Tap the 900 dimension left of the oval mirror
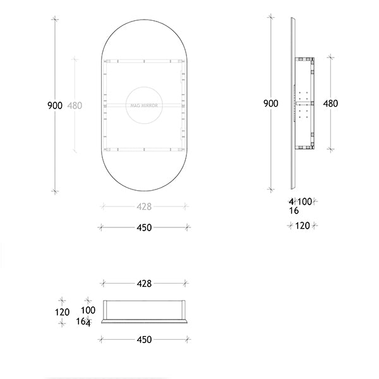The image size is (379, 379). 55,105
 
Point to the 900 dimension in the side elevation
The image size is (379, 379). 271,104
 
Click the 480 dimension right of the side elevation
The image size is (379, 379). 330,104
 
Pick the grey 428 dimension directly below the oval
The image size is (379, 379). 144,207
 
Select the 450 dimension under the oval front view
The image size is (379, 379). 144,227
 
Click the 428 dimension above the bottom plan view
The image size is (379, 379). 144,284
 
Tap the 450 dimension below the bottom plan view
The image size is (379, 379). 144,340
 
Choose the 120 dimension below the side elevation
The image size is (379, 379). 303,226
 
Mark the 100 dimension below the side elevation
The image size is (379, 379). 304,202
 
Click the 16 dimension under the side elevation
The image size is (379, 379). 294,211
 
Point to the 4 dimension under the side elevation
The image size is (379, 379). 291,202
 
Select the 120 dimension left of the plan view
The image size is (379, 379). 62,311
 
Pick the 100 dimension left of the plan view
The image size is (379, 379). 88,310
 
